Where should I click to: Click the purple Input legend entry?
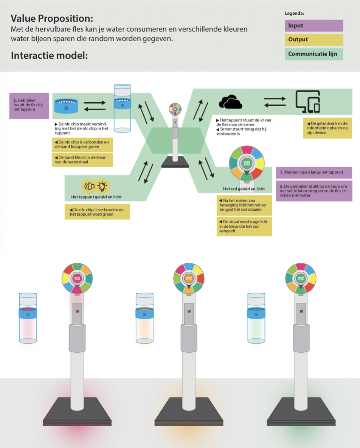click(x=313, y=26)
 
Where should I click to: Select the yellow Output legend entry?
click(x=313, y=40)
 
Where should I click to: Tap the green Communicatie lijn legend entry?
click(x=313, y=54)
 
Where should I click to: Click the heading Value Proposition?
click(x=52, y=18)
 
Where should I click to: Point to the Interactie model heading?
click(x=49, y=56)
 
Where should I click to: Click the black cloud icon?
click(x=230, y=102)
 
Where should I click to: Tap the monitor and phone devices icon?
click(x=308, y=101)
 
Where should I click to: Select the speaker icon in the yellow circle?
click(x=89, y=186)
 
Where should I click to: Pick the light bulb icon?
click(x=102, y=186)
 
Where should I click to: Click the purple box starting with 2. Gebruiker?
click(x=29, y=106)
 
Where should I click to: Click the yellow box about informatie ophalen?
click(x=328, y=128)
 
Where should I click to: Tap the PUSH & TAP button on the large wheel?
click(x=247, y=163)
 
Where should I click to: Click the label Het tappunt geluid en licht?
click(x=96, y=197)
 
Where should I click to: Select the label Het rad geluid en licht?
click(x=244, y=189)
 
